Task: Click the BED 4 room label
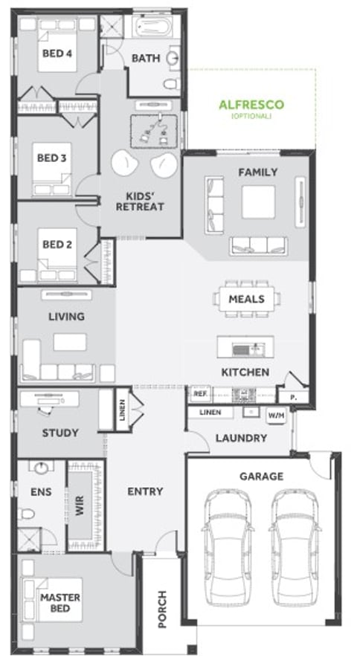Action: coord(57,54)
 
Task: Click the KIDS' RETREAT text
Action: coord(139,201)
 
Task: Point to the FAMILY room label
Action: coord(257,172)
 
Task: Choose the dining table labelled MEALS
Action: coord(247,299)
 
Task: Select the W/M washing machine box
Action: coord(276,415)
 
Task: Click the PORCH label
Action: coord(162,609)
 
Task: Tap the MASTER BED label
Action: coord(60,603)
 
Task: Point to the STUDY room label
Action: coord(60,433)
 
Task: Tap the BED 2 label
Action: coord(57,244)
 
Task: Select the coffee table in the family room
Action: coord(258,201)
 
